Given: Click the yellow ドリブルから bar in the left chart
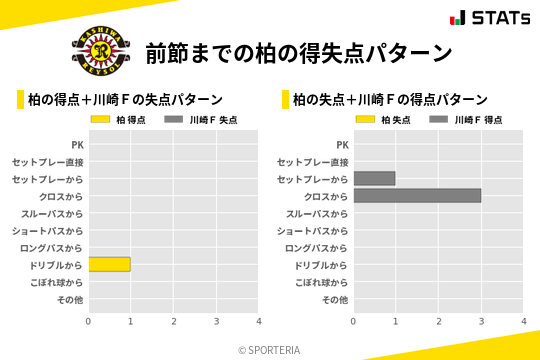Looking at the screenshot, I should tap(109, 264).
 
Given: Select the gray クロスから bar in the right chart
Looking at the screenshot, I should tap(417, 195).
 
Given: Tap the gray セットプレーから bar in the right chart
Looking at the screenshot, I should tap(374, 178).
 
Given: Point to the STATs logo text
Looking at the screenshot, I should tap(500, 18).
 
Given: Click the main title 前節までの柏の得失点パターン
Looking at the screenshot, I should tap(298, 52).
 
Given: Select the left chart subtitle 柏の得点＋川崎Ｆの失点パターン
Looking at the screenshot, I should tap(125, 99).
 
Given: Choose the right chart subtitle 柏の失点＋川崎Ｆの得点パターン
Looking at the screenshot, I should tap(390, 99).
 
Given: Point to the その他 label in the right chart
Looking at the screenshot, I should tap(334, 299).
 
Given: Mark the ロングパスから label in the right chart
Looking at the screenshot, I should tap(316, 247).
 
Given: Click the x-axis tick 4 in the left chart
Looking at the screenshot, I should tap(259, 321).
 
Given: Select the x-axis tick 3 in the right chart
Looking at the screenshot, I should tap(481, 321).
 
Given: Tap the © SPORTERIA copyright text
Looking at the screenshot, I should tap(269, 349).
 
